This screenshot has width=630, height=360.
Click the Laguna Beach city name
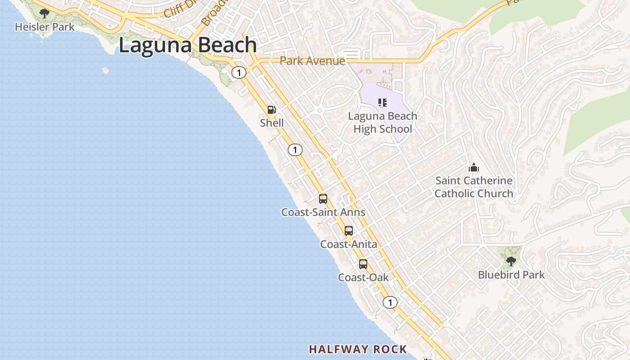pos(188,45)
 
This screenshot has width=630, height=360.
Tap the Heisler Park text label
pos(45,27)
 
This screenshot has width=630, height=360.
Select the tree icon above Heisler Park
pos(44,13)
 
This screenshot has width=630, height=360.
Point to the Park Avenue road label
pos(312,61)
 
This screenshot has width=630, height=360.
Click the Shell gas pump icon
pos(272,110)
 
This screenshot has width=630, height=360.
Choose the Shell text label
pos(272,123)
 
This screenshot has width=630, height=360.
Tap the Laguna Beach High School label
pos(382,122)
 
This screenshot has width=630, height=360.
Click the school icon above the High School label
pos(382,103)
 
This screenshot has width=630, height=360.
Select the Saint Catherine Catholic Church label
pos(473,187)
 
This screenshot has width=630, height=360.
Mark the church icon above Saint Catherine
pos(474,168)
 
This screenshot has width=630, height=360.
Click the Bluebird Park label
pos(511,274)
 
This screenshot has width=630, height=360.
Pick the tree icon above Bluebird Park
pos(511,261)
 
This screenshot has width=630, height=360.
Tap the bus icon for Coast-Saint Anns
pos(323,199)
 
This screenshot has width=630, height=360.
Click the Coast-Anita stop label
pos(348,244)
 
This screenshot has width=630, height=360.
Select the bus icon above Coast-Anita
pos(349,231)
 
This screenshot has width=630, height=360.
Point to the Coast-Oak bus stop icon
pos(363,264)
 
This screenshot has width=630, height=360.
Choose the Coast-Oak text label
pos(363,278)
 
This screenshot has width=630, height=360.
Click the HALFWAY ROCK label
pos(358,349)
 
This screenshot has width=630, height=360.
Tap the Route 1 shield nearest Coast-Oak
pos(390,302)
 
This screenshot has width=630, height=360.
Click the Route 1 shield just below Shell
pos(295,150)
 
